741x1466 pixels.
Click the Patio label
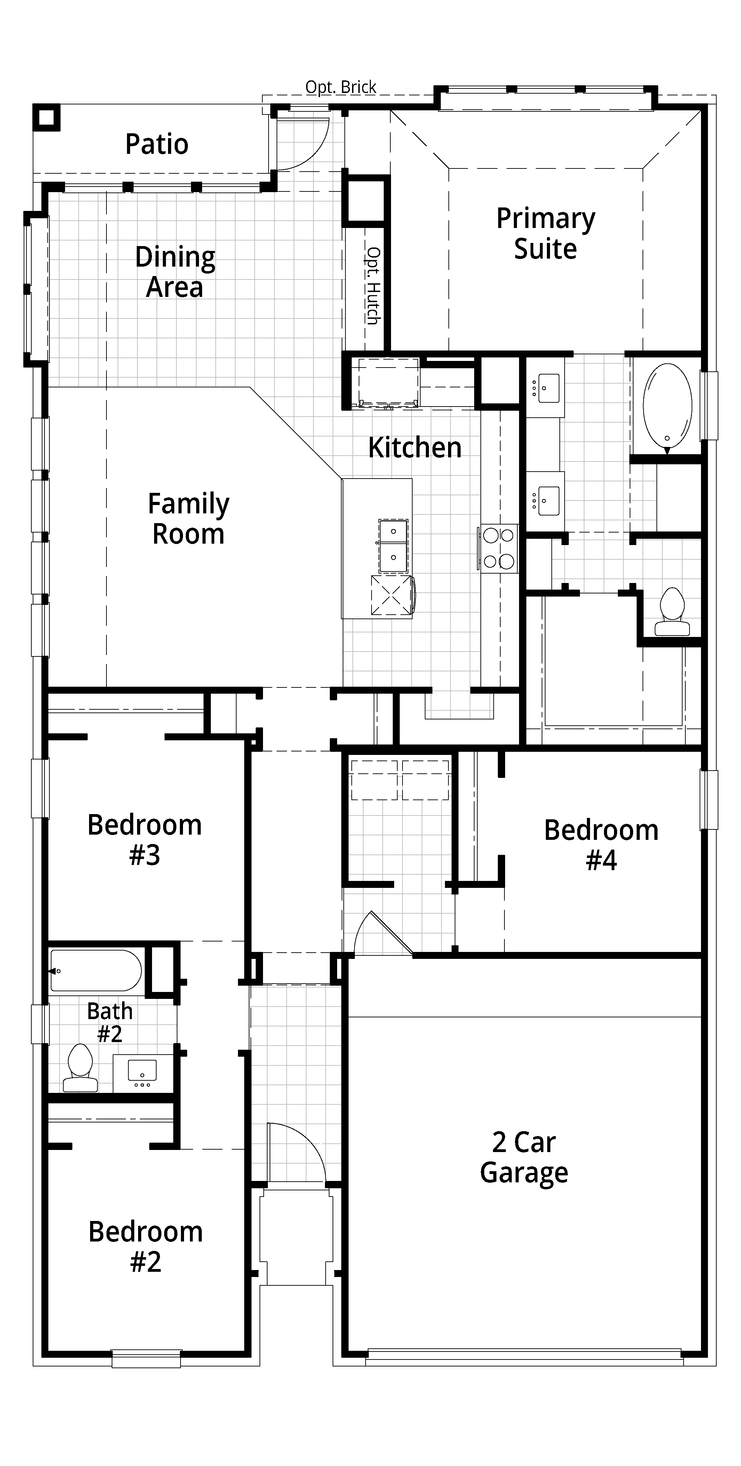click(x=157, y=144)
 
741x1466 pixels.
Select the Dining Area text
click(x=175, y=272)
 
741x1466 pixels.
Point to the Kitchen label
click(x=415, y=447)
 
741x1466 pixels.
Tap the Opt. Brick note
click(x=341, y=87)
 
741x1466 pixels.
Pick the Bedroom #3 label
click(x=144, y=840)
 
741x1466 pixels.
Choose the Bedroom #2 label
click(x=145, y=1246)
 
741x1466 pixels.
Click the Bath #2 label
click(x=110, y=1022)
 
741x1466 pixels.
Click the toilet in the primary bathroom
click(x=672, y=612)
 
